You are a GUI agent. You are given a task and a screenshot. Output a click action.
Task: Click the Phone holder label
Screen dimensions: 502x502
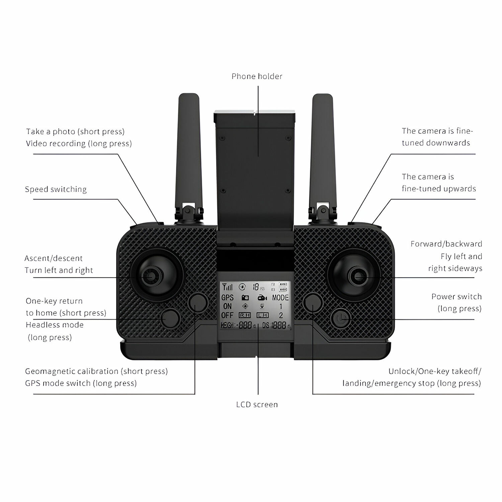tap(257, 77)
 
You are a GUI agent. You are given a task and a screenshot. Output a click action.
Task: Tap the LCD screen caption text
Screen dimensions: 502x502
tap(257, 405)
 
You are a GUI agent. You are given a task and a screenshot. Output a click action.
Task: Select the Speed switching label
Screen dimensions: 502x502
tap(56, 189)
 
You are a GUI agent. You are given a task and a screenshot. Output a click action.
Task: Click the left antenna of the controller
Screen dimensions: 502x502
tap(188, 151)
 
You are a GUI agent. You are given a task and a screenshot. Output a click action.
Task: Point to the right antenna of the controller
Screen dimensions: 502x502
tap(323, 151)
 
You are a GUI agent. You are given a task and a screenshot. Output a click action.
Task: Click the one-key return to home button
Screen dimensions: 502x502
tap(170, 319)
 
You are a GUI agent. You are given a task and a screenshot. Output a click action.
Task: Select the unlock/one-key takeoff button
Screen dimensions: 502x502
tap(313, 302)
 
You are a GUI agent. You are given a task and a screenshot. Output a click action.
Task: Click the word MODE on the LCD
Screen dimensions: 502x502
tap(280, 298)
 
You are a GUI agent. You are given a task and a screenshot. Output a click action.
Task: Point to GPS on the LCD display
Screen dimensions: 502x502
tap(228, 298)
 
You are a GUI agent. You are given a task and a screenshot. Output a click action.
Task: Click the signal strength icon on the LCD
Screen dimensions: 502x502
tap(228, 287)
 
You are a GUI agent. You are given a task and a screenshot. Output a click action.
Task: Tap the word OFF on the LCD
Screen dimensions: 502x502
tap(227, 315)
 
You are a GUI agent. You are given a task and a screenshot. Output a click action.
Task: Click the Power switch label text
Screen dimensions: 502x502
tap(456, 297)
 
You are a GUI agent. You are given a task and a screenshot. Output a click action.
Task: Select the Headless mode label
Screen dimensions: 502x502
tap(55, 325)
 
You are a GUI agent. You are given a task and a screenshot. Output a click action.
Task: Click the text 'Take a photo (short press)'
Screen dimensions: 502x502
tap(75, 132)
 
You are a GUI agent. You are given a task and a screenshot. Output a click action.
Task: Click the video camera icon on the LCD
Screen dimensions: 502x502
tap(262, 298)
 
